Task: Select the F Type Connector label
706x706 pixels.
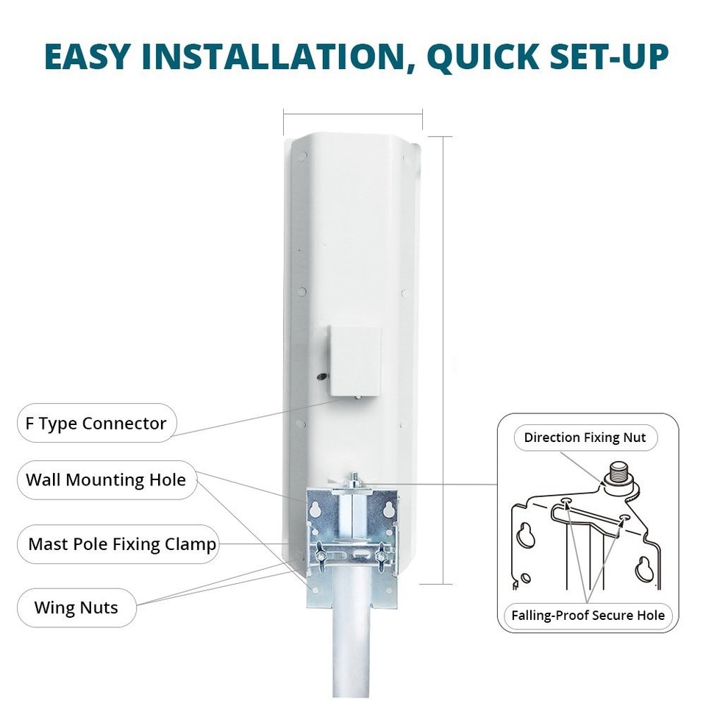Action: (x=92, y=424)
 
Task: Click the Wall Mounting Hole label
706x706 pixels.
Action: (x=106, y=480)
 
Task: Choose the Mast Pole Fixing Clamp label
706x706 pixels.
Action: (x=122, y=544)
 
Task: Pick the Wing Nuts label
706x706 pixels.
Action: (x=76, y=608)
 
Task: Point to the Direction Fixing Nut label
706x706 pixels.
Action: (x=585, y=438)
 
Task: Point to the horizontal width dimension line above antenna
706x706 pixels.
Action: (x=353, y=113)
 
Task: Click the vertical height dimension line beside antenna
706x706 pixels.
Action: (x=443, y=360)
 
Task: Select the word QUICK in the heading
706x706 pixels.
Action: (x=464, y=57)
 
